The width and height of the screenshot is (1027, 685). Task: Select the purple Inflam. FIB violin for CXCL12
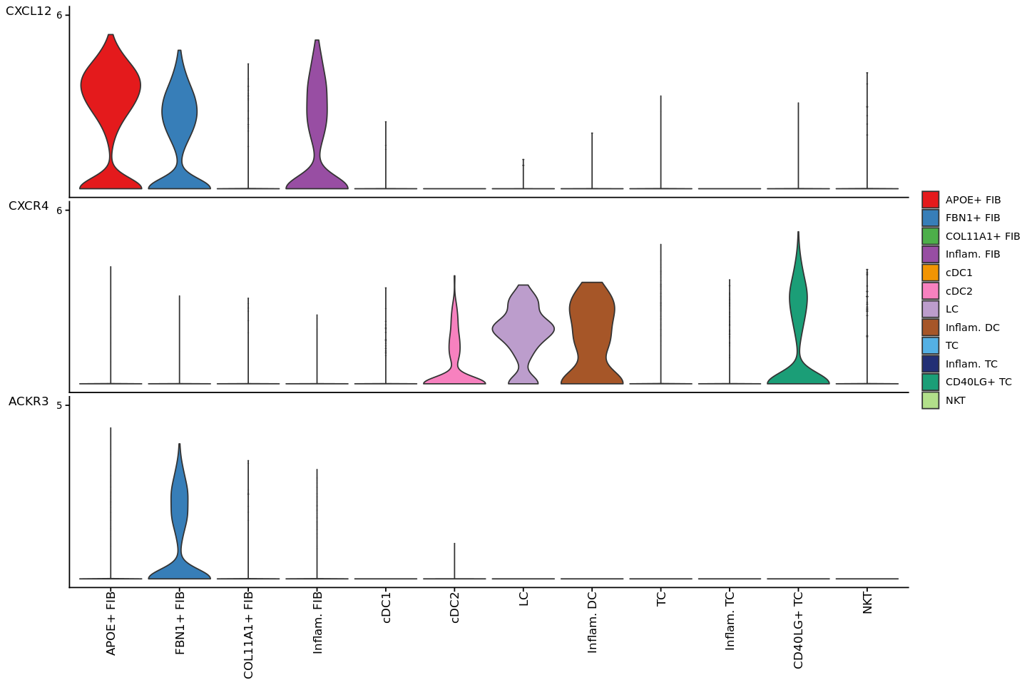tap(317, 107)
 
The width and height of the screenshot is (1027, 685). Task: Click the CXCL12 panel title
tap(29, 11)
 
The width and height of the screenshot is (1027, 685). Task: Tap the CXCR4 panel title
tap(29, 206)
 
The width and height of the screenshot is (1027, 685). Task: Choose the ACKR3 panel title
tap(29, 402)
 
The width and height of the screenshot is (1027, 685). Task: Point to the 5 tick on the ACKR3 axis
tap(60, 405)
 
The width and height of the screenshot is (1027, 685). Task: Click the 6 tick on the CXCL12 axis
tap(60, 15)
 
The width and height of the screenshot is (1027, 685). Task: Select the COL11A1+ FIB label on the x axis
tap(248, 634)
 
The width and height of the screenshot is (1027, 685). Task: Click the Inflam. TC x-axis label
tap(730, 620)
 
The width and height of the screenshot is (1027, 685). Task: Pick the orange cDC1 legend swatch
tap(930, 273)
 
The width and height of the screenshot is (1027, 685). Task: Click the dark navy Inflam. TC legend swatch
tap(930, 364)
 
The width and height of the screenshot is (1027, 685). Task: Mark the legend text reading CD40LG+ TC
tap(979, 382)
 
